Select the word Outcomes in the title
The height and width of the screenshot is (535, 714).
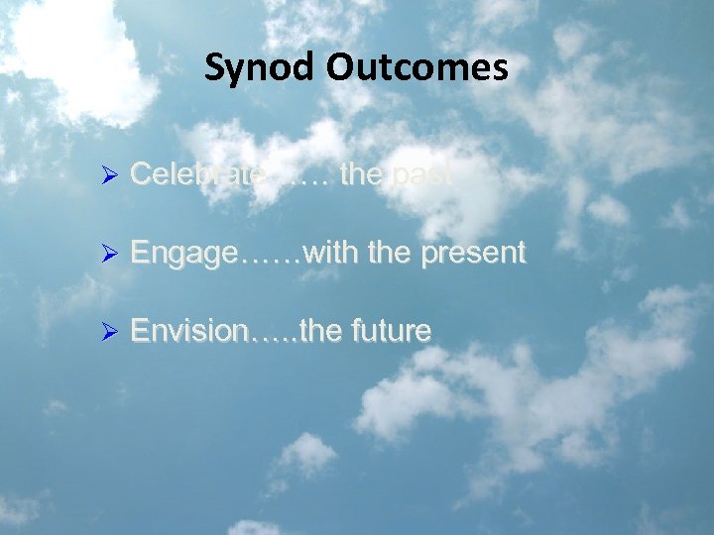(417, 67)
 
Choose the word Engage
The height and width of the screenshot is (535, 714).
(183, 254)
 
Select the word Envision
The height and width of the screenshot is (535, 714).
(188, 330)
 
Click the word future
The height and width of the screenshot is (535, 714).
(390, 331)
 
